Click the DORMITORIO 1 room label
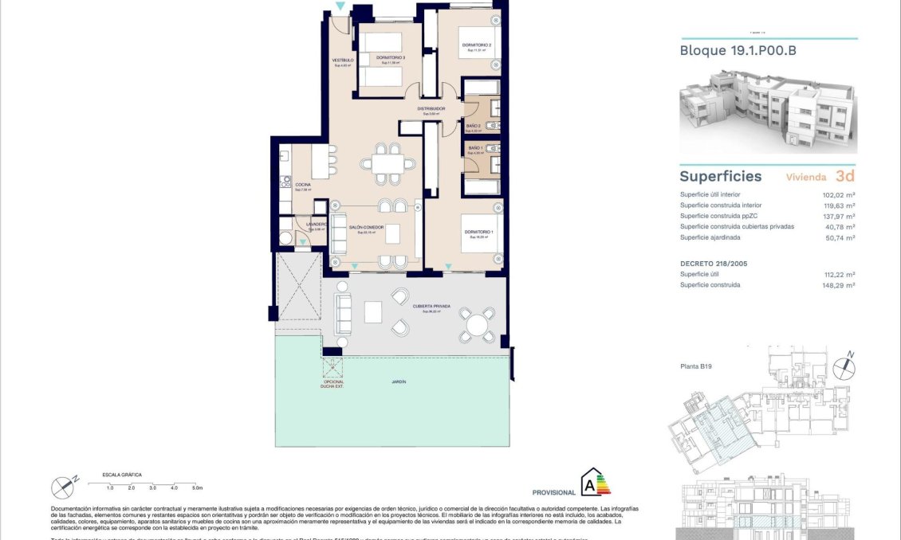coord(479,233)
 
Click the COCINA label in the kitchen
coord(302,186)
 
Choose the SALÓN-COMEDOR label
coord(367,229)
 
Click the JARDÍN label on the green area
coord(399,382)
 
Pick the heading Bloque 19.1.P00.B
coord(738,51)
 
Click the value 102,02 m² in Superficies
coord(838,194)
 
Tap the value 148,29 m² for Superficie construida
coord(838,284)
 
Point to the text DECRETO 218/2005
coord(713,263)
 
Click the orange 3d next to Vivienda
coord(845,176)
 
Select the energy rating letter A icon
coord(590,483)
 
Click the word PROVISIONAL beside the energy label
coord(553,492)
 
